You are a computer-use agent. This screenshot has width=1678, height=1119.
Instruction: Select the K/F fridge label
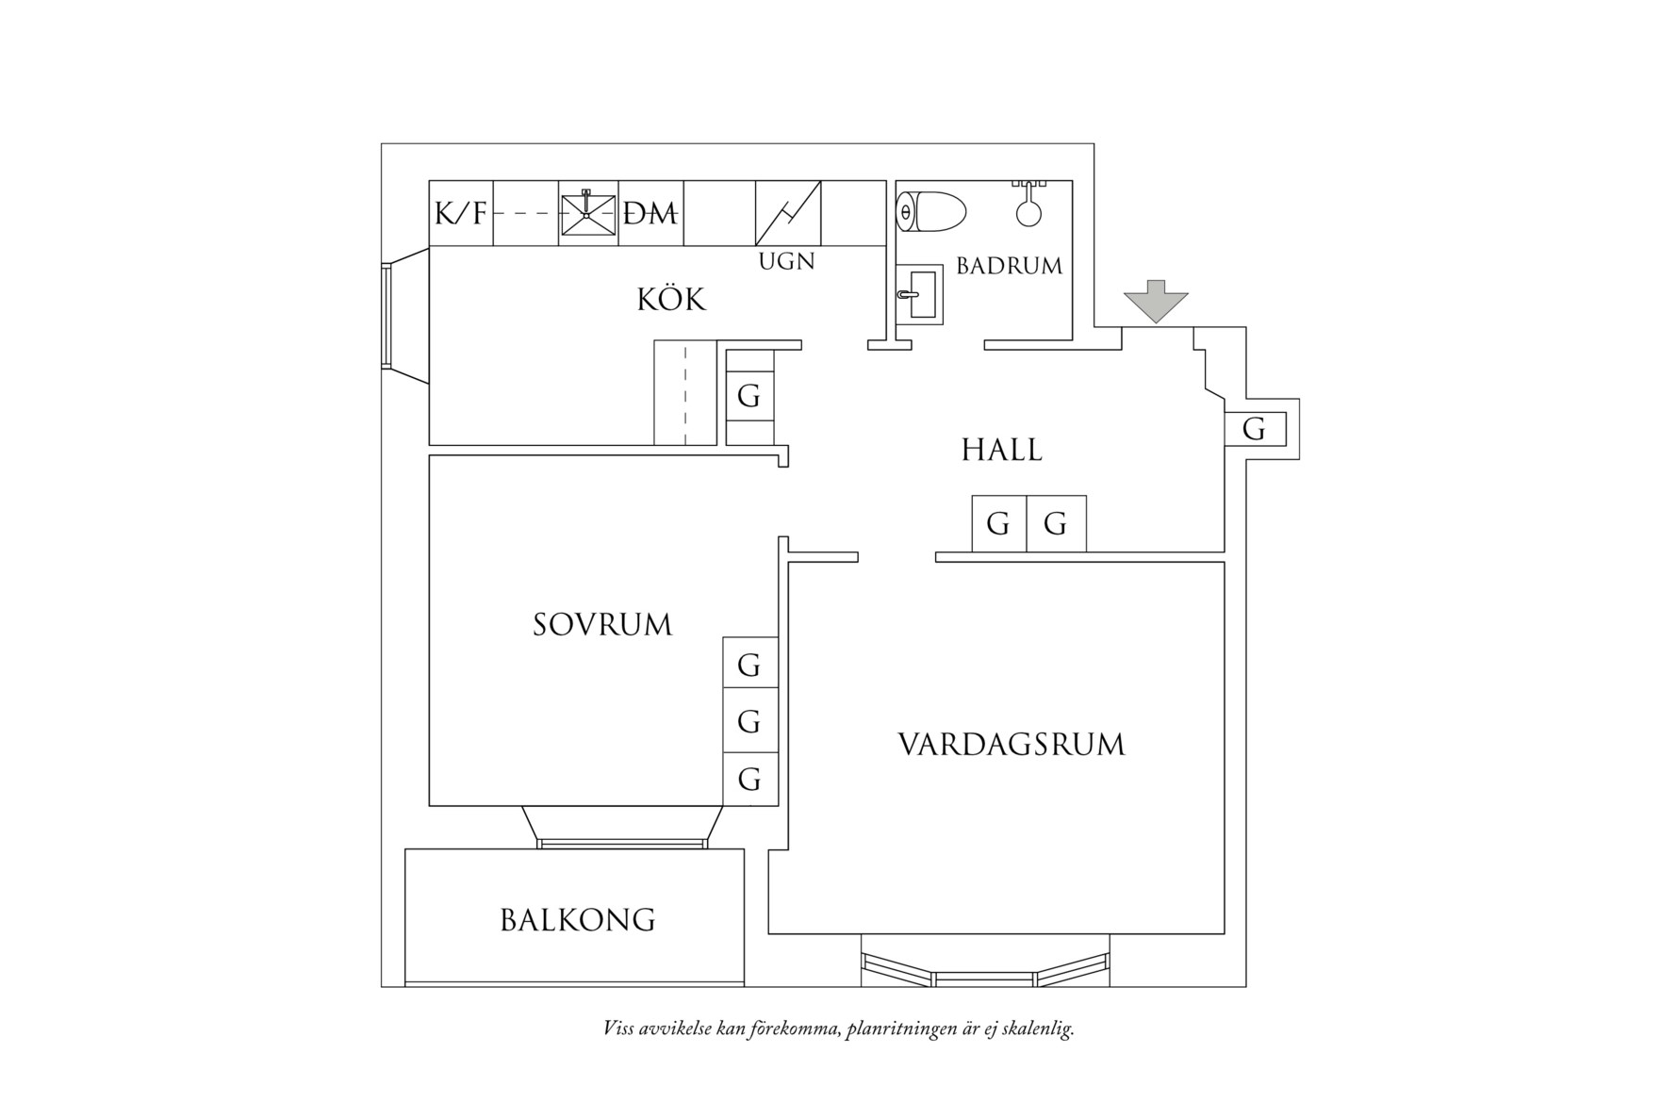(x=461, y=215)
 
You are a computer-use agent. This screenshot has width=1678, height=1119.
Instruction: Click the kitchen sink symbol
(x=588, y=214)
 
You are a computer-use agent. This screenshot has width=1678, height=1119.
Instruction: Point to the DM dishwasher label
(x=651, y=215)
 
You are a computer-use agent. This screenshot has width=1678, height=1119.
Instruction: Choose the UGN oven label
(x=786, y=261)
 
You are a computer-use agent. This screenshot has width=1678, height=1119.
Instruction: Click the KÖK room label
(x=671, y=300)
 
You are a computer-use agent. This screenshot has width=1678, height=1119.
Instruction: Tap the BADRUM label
(x=1009, y=266)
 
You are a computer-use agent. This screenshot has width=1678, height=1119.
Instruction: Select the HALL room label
(x=1001, y=451)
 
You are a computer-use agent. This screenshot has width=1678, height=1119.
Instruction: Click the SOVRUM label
(x=602, y=625)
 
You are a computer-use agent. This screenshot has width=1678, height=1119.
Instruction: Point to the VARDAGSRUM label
(x=1012, y=745)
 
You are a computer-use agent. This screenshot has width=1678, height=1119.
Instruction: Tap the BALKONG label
(x=577, y=920)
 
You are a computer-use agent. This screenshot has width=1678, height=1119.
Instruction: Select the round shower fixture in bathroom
(x=1028, y=210)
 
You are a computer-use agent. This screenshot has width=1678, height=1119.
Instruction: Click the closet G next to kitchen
(x=749, y=396)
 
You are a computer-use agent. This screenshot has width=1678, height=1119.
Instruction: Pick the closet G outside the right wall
(x=1254, y=430)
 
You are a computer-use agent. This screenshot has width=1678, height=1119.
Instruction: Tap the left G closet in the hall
(x=998, y=523)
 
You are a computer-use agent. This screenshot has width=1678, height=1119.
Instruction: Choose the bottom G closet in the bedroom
(x=749, y=780)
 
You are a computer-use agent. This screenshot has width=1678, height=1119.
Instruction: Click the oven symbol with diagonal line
(x=788, y=213)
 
